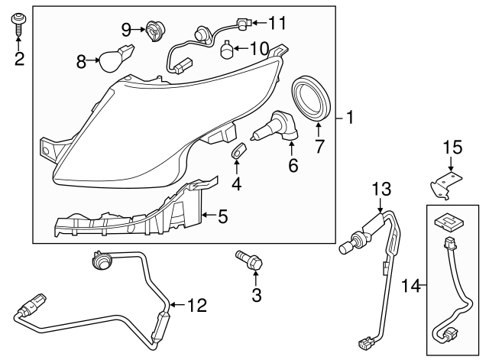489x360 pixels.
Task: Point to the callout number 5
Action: click(x=222, y=217)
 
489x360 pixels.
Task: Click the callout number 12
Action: click(x=196, y=306)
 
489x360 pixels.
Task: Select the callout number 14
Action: click(x=411, y=286)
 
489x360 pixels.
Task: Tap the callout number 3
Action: click(x=257, y=293)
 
